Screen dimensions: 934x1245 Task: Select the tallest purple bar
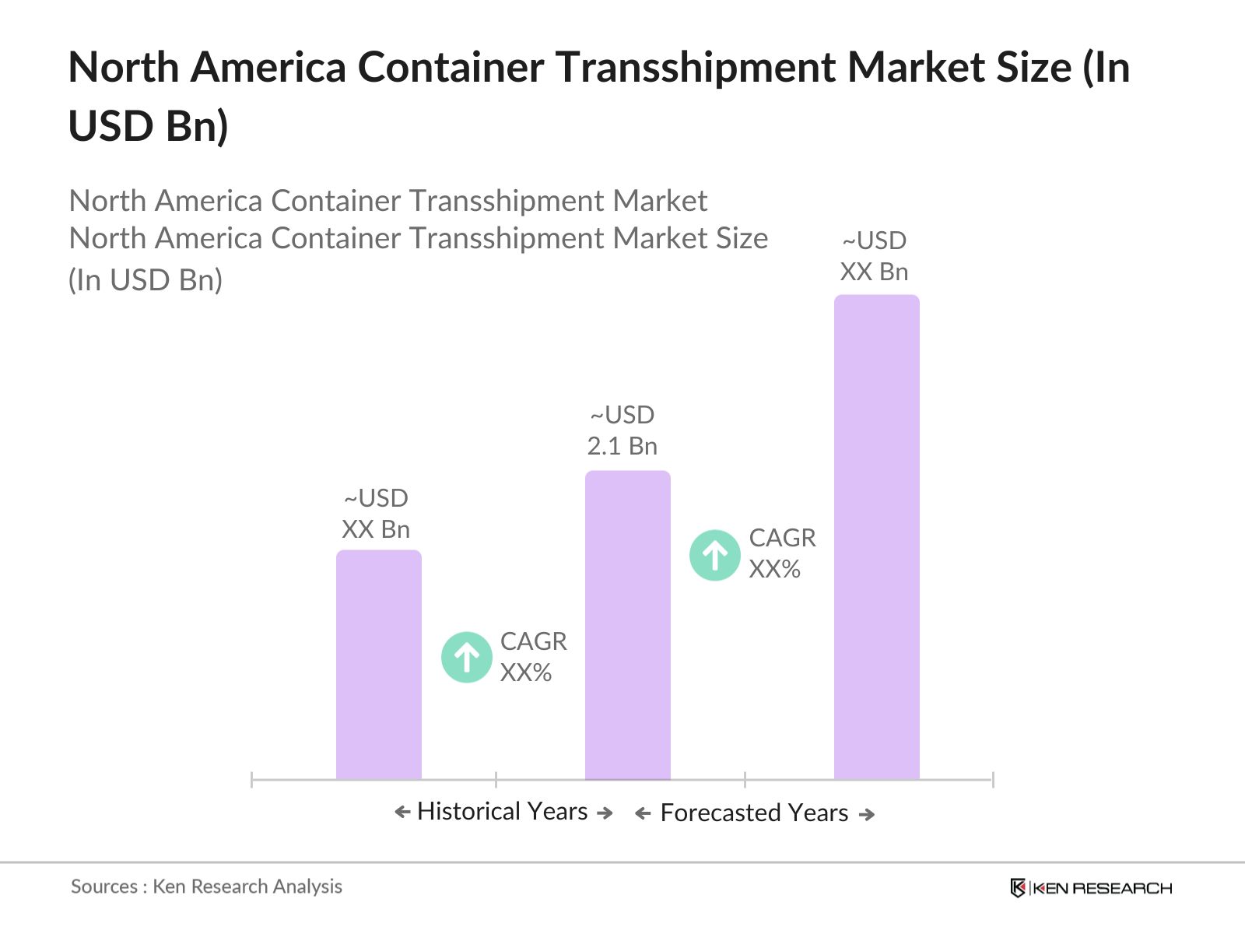pyautogui.click(x=876, y=537)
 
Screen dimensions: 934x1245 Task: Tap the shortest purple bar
pyautogui.click(x=378, y=665)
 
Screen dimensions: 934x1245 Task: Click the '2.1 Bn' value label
pyautogui.click(x=622, y=446)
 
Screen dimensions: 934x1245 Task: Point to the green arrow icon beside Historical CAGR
pyautogui.click(x=466, y=657)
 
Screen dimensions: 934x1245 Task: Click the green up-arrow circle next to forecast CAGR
pyautogui.click(x=714, y=555)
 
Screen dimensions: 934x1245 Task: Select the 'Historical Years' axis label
pyautogui.click(x=503, y=811)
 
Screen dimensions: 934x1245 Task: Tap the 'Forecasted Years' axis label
pyautogui.click(x=753, y=813)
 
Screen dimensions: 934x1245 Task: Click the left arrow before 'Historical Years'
pyautogui.click(x=402, y=813)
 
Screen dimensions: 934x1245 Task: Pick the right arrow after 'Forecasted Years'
pyautogui.click(x=867, y=814)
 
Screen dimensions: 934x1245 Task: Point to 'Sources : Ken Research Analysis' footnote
pyautogui.click(x=206, y=887)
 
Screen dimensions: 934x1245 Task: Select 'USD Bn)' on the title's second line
pyautogui.click(x=148, y=126)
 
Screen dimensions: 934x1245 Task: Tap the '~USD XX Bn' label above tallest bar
pyautogui.click(x=875, y=256)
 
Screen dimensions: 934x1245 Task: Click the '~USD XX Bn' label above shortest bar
pyautogui.click(x=376, y=514)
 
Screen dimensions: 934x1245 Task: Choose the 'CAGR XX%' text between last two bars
pyautogui.click(x=781, y=553)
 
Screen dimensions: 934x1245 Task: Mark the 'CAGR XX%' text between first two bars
pyautogui.click(x=533, y=657)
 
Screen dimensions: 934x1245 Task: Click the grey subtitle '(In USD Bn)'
pyautogui.click(x=146, y=280)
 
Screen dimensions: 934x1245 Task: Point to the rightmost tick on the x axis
pyautogui.click(x=992, y=779)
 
